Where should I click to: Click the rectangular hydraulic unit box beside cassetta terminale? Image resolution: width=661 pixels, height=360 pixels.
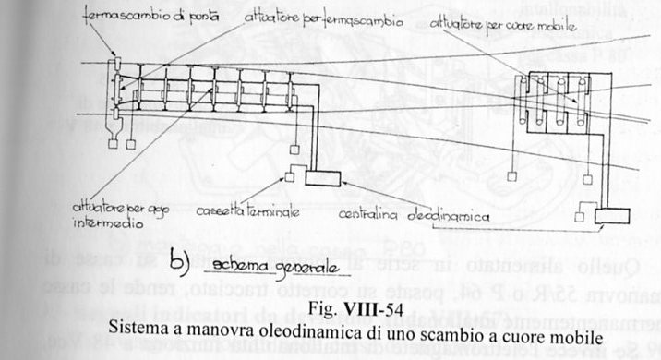(323, 176)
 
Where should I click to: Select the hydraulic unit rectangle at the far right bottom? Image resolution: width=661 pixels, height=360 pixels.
(612, 217)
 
